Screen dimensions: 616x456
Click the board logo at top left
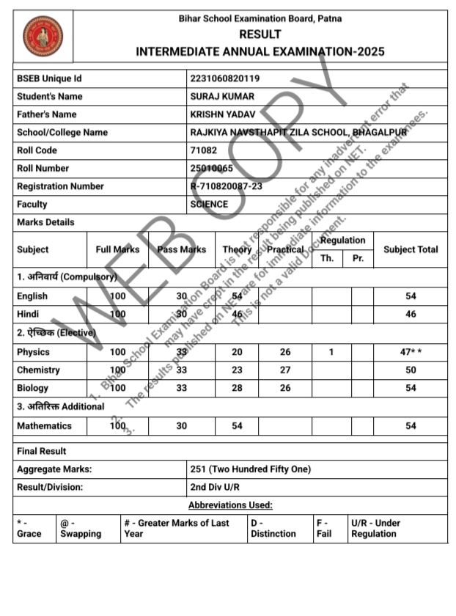pos(43,37)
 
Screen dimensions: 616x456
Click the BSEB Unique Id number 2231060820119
pos(224,78)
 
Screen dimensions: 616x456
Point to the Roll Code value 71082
pos(203,150)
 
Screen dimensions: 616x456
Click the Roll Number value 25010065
pos(212,168)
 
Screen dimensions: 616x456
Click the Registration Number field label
pos(60,186)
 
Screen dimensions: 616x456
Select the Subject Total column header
pos(411,249)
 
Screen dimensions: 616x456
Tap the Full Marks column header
pos(117,249)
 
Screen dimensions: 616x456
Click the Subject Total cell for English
pos(411,296)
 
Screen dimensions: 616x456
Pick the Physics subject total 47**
pos(411,353)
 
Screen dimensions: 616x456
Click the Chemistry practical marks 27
pos(285,370)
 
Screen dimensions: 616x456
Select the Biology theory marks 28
pos(237,388)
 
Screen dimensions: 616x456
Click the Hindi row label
pos(30,314)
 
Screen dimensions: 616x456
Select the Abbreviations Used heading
pos(230,505)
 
